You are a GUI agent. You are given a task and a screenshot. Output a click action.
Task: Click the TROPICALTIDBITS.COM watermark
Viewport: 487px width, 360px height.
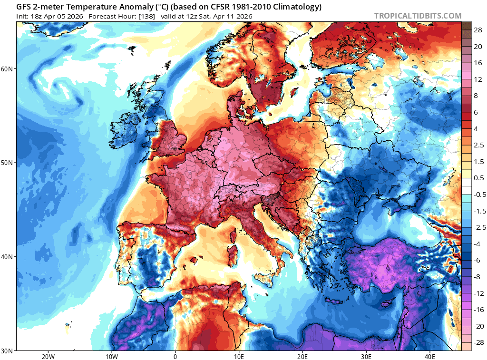pyautogui.click(x=418, y=16)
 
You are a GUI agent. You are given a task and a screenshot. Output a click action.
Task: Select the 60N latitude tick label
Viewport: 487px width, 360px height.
pyautogui.click(x=7, y=69)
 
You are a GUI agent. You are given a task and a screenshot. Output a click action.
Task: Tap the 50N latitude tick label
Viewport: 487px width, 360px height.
pyautogui.click(x=7, y=163)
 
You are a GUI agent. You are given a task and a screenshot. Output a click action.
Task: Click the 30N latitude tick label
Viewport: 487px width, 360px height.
pyautogui.click(x=7, y=351)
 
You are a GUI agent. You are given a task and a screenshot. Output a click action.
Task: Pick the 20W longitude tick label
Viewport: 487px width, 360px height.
pyautogui.click(x=48, y=356)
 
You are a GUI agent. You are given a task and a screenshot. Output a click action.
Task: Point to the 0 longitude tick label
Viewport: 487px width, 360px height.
pyautogui.click(x=175, y=356)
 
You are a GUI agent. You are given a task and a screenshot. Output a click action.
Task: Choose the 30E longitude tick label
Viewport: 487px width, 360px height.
pyautogui.click(x=366, y=356)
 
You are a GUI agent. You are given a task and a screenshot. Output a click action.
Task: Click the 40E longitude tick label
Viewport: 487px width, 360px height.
pyautogui.click(x=430, y=356)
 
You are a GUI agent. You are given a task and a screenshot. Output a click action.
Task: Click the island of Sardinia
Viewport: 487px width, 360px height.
pyautogui.click(x=232, y=252)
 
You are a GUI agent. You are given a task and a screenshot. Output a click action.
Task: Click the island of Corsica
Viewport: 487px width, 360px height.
pyautogui.click(x=234, y=235)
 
